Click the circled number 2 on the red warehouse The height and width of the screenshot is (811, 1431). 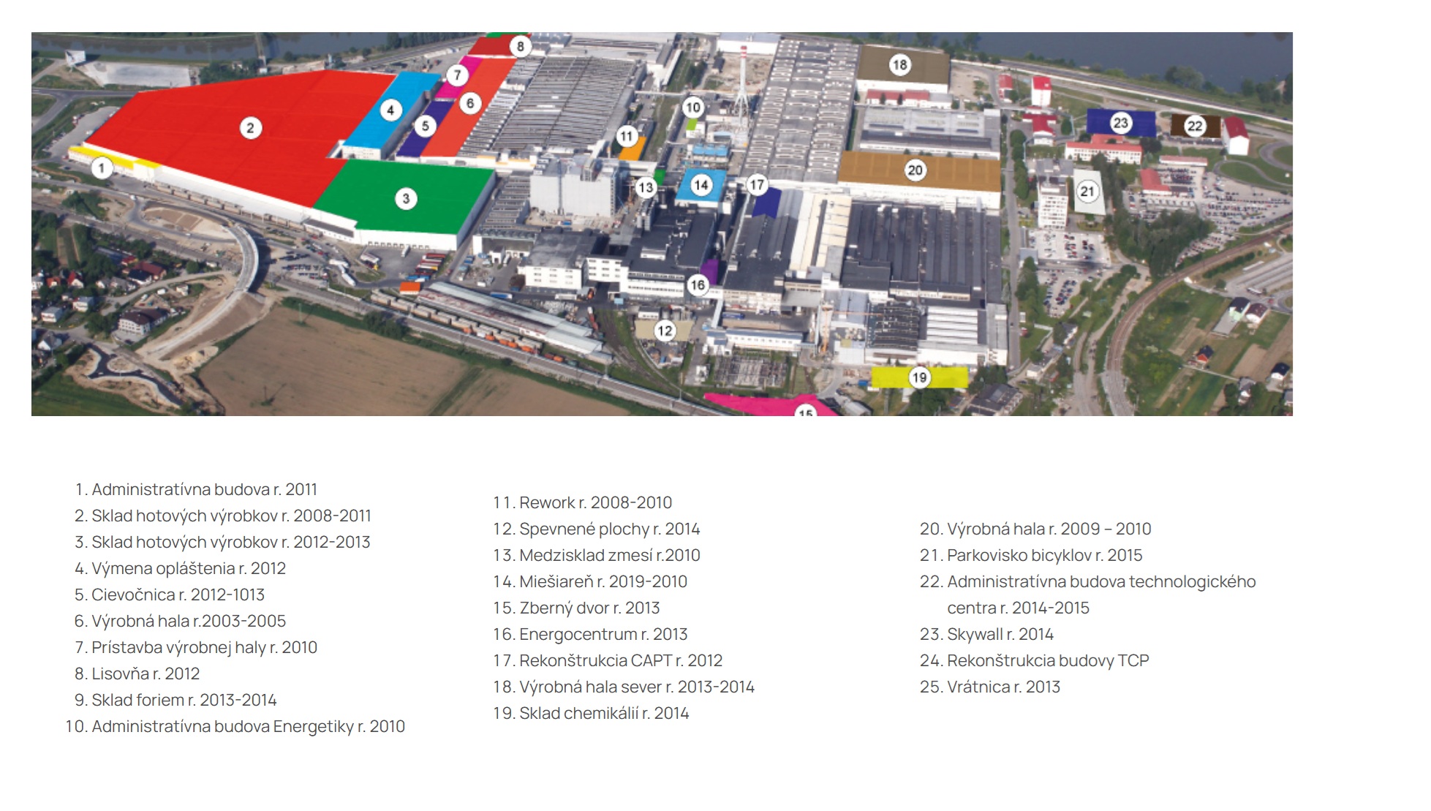point(250,128)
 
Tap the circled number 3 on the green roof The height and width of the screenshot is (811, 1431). point(406,198)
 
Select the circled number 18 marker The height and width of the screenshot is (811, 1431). point(899,65)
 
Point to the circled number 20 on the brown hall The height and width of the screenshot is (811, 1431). point(915,170)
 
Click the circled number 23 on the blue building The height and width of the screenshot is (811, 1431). point(1120,122)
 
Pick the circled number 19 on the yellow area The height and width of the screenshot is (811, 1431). point(919,377)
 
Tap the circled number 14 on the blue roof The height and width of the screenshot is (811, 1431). point(701,184)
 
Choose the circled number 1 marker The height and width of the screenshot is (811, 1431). point(102,168)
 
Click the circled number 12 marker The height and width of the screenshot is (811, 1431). point(664,331)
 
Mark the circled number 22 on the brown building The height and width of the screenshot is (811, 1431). point(1194,126)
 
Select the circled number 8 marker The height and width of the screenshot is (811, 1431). point(520,46)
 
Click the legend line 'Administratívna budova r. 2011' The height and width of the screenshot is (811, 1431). point(196,489)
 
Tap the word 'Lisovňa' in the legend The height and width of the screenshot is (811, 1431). point(121,674)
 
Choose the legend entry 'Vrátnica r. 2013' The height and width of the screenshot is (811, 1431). point(990,687)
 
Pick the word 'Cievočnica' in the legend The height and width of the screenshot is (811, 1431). point(133,595)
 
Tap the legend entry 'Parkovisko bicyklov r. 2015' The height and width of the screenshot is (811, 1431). point(1031,555)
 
